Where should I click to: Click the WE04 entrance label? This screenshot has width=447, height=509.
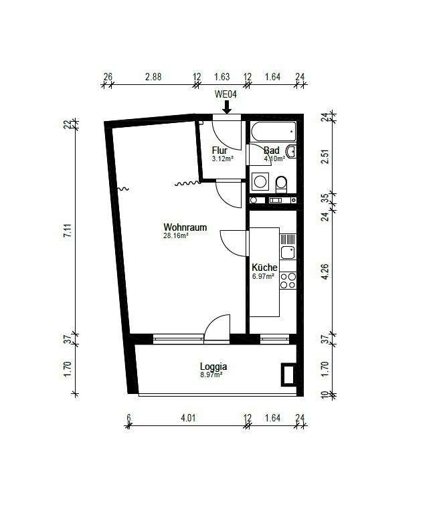pyautogui.click(x=226, y=94)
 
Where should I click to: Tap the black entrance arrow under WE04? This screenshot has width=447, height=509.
pyautogui.click(x=227, y=107)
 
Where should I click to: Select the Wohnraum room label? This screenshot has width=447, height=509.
pyautogui.click(x=185, y=227)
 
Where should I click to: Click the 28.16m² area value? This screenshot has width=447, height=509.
pyautogui.click(x=176, y=235)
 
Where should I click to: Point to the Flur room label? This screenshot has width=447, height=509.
pyautogui.click(x=219, y=150)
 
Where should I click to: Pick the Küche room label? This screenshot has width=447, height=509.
pyautogui.click(x=264, y=268)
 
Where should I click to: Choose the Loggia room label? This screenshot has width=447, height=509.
pyautogui.click(x=213, y=367)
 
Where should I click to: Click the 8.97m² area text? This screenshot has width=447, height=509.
pyautogui.click(x=211, y=375)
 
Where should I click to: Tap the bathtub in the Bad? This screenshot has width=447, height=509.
pyautogui.click(x=274, y=132)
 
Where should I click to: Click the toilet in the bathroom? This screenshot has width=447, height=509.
pyautogui.click(x=281, y=185)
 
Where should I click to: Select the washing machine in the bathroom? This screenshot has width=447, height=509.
pyautogui.click(x=260, y=182)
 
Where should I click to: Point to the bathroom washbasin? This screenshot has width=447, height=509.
pyautogui.click(x=291, y=152)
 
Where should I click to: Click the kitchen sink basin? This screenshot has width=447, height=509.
pyautogui.click(x=288, y=252)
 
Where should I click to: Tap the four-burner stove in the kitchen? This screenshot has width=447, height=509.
pyautogui.click(x=288, y=280)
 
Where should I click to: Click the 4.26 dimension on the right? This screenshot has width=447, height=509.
pyautogui.click(x=325, y=272)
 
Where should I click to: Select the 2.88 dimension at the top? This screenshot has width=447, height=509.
pyautogui.click(x=153, y=77)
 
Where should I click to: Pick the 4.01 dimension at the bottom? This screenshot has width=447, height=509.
pyautogui.click(x=189, y=417)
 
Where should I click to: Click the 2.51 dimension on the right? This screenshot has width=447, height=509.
pyautogui.click(x=325, y=156)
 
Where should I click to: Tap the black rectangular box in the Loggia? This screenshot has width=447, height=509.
pyautogui.click(x=288, y=374)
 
